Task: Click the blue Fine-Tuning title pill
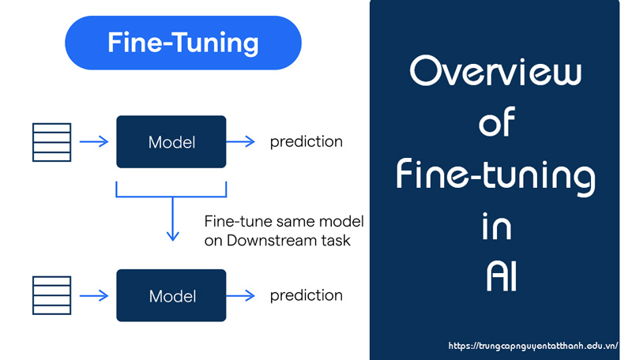182,42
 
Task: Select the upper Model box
171,142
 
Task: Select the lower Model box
171,296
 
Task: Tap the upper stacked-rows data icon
51,142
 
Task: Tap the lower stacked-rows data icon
51,295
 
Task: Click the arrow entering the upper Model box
94,142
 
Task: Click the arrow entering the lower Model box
94,296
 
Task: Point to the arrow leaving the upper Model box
241,142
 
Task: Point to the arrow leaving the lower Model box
241,296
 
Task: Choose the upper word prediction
307,142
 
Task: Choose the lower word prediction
307,296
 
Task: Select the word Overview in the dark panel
496,73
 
